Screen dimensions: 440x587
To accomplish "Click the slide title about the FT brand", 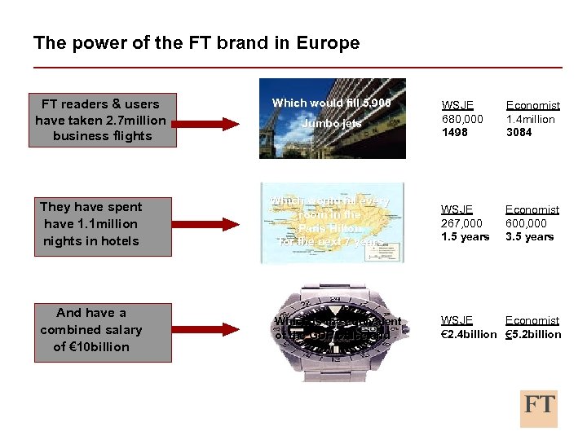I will tap(196, 42).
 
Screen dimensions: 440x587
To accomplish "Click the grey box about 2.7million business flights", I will tap(102, 120).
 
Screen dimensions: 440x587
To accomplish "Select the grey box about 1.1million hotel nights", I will tap(102, 224).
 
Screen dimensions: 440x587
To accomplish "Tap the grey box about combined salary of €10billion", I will tap(102, 330).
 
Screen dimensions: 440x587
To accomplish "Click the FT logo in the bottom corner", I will tap(538, 408).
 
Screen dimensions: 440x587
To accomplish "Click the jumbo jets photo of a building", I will tap(332, 119).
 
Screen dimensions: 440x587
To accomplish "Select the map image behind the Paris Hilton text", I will tap(332, 223).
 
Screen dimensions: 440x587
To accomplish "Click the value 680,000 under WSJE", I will tap(462, 119).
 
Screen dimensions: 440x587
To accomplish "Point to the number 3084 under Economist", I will tap(519, 133).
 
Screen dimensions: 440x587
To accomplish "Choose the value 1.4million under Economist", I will tap(531, 119).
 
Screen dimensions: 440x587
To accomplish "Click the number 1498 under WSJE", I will tap(455, 133).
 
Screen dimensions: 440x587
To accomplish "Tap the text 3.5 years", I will tap(529, 237).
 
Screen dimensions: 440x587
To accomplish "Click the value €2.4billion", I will tap(469, 334).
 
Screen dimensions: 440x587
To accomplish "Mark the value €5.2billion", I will tap(533, 334).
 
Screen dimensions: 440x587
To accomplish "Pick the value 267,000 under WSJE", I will tap(462, 223).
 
